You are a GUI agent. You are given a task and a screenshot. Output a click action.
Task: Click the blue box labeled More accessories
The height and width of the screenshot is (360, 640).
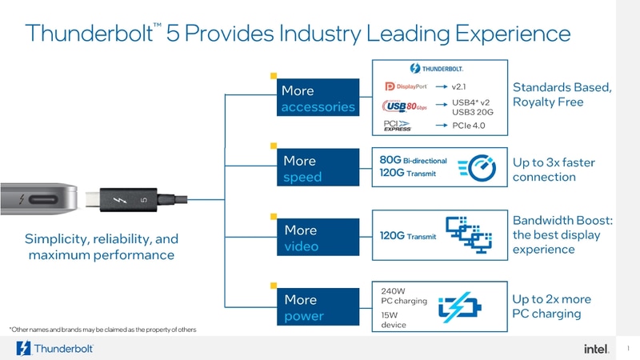click(x=317, y=98)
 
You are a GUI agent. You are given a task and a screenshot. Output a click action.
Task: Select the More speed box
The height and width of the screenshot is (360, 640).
click(x=317, y=168)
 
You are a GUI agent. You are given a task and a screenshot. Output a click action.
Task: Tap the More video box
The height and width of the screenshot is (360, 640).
click(x=317, y=238)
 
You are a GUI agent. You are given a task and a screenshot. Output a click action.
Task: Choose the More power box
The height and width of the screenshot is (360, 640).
click(x=317, y=307)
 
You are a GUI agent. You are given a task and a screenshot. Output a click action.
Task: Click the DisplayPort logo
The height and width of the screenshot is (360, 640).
click(x=406, y=86)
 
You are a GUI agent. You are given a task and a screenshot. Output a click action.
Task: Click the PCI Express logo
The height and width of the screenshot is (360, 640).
click(x=398, y=126)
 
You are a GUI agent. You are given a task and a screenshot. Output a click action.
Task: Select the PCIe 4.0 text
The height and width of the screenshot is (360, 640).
click(x=470, y=126)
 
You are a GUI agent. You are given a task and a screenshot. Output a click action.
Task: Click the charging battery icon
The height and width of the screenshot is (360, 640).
click(x=464, y=307)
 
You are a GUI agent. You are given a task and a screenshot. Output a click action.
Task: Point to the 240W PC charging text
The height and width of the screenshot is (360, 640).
click(x=403, y=296)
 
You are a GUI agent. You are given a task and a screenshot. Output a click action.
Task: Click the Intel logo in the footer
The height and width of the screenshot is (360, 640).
click(x=596, y=348)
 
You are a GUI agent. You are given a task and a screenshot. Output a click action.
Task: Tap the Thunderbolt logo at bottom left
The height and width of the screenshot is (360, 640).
click(x=55, y=348)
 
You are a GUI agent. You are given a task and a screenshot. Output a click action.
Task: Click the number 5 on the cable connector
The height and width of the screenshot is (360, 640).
click(x=143, y=198)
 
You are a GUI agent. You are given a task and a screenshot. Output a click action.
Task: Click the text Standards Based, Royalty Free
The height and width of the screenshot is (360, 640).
click(x=562, y=94)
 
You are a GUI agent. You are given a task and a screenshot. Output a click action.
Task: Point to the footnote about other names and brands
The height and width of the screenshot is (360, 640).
click(x=102, y=330)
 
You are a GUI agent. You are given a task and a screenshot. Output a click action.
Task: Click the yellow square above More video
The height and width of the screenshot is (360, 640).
click(x=274, y=215)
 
